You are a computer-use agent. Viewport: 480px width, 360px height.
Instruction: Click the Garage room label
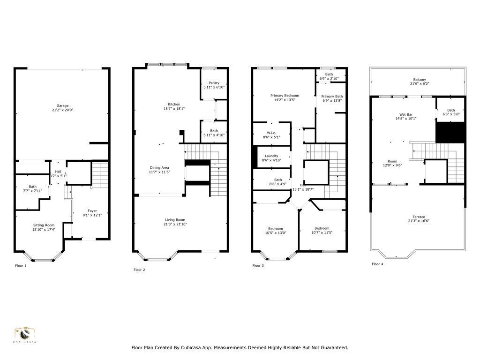(62, 105)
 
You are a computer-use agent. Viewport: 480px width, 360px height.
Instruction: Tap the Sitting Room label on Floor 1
(44, 225)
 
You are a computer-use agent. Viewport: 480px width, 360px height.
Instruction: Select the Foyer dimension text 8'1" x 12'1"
(88, 215)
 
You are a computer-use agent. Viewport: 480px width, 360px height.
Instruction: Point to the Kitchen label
(174, 105)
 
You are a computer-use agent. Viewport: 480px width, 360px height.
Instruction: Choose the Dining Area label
(159, 167)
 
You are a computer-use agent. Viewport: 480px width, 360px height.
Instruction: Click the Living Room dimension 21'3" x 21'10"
(175, 224)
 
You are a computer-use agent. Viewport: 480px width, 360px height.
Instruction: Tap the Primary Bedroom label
(285, 96)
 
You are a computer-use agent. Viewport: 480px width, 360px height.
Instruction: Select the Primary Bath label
(331, 97)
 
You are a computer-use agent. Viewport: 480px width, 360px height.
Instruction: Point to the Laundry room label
(271, 156)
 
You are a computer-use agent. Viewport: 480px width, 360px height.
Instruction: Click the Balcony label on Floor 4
(420, 80)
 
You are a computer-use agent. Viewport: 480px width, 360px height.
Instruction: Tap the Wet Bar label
(406, 114)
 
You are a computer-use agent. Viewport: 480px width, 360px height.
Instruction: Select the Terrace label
(419, 217)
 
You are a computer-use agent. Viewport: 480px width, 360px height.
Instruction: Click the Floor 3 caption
(258, 266)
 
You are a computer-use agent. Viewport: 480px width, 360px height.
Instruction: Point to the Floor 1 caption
(21, 266)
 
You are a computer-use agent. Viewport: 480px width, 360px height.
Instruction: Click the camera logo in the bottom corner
(25, 334)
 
